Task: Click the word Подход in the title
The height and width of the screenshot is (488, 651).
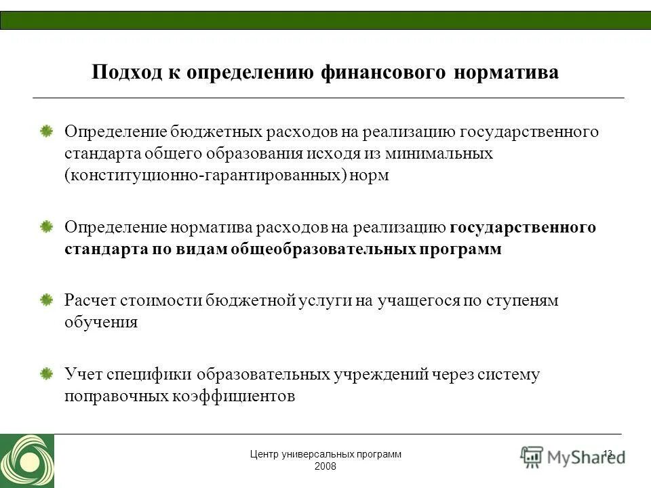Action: [x=125, y=73]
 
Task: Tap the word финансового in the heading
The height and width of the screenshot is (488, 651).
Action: [x=383, y=73]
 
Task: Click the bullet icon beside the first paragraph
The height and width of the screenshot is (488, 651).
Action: [x=46, y=131]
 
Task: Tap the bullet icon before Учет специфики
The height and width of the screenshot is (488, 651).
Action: [x=46, y=374]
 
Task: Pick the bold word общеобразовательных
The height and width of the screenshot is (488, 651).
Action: [x=322, y=249]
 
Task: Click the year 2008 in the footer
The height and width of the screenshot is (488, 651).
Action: [x=325, y=467]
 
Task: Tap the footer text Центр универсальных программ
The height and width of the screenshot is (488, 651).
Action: [x=325, y=455]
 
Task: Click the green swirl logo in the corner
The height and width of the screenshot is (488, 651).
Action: [x=26, y=461]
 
